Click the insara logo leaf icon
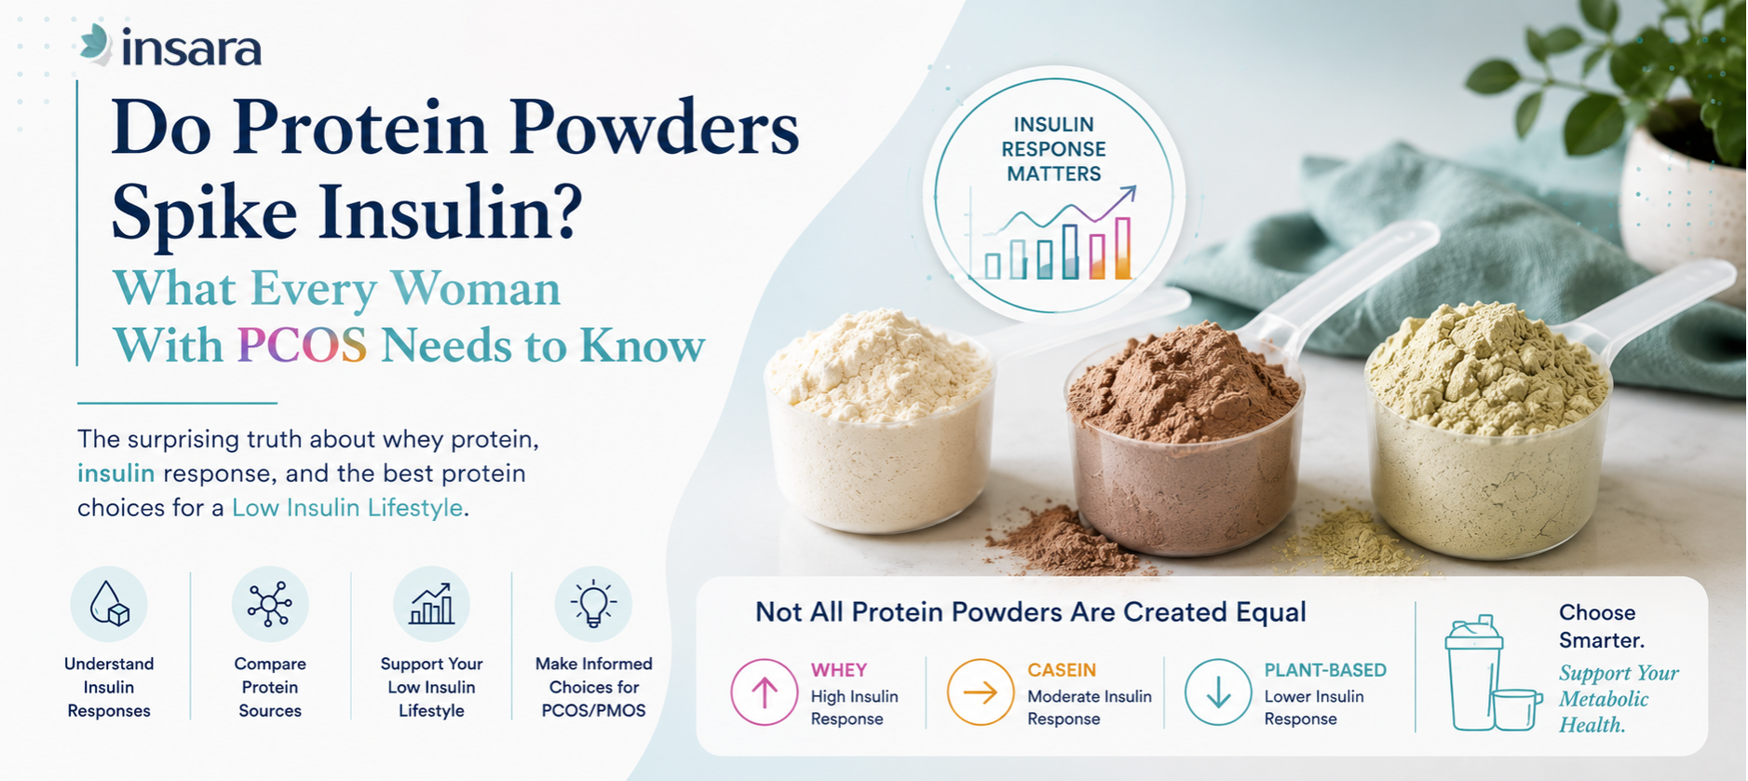(x=96, y=44)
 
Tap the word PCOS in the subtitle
(x=302, y=346)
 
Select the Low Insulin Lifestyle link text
(x=347, y=508)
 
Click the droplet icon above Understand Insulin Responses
(x=109, y=604)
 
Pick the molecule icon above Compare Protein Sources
(x=270, y=604)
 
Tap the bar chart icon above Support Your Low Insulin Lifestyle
(x=431, y=604)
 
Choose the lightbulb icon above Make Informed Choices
(x=593, y=604)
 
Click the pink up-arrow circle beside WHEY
(x=765, y=692)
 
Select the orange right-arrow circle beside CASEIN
(x=981, y=692)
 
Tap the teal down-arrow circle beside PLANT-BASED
(x=1218, y=692)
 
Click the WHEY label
(x=839, y=670)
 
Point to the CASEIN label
(x=1062, y=670)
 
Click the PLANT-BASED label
(x=1325, y=670)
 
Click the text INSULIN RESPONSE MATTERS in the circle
(x=1053, y=149)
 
